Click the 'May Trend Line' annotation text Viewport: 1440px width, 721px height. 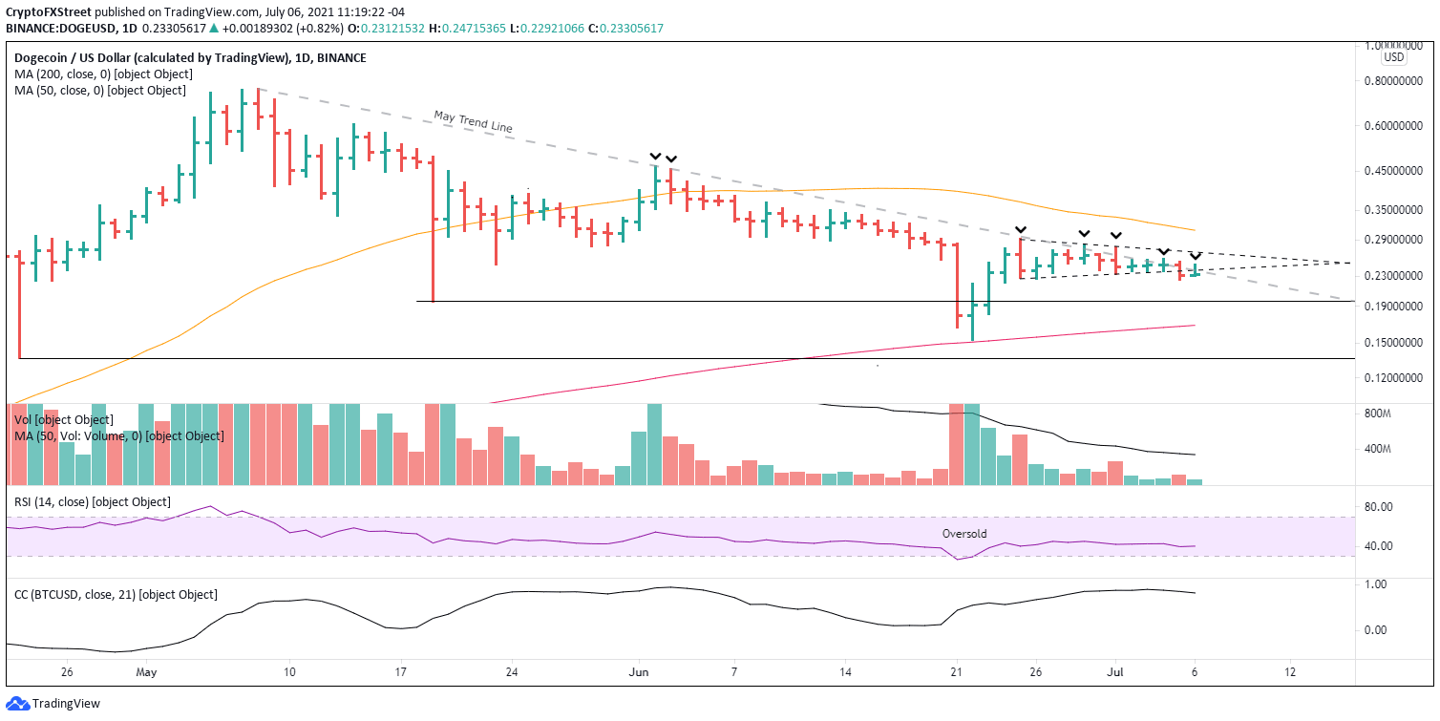[474, 122]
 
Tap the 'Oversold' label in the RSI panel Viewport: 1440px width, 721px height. [964, 534]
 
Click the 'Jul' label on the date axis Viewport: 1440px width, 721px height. [1114, 671]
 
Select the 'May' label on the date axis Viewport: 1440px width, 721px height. [145, 671]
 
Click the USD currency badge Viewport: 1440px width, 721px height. [1394, 57]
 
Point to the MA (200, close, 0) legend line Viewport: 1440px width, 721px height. [103, 74]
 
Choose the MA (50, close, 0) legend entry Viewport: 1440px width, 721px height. [99, 91]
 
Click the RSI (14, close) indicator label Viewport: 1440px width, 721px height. [93, 502]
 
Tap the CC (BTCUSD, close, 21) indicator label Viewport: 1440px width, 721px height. [116, 595]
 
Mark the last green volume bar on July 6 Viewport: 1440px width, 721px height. [1195, 482]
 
